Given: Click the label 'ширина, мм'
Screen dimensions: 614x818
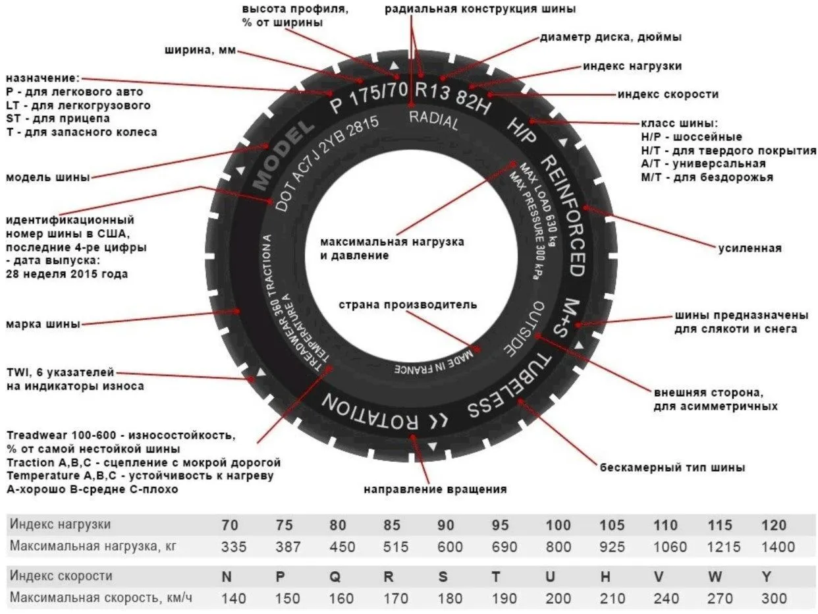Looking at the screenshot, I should (198, 51).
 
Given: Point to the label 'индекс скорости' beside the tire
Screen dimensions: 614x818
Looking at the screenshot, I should (668, 94).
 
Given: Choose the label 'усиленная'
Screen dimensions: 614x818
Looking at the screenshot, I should (749, 248).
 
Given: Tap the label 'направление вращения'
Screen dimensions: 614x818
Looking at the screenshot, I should (435, 489).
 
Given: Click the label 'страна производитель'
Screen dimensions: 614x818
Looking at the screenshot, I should (408, 306).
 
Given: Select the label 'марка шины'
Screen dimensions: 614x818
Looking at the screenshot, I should (43, 324).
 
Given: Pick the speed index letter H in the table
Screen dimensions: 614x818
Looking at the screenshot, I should (605, 576).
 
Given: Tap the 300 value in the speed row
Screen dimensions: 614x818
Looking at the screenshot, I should (773, 598).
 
